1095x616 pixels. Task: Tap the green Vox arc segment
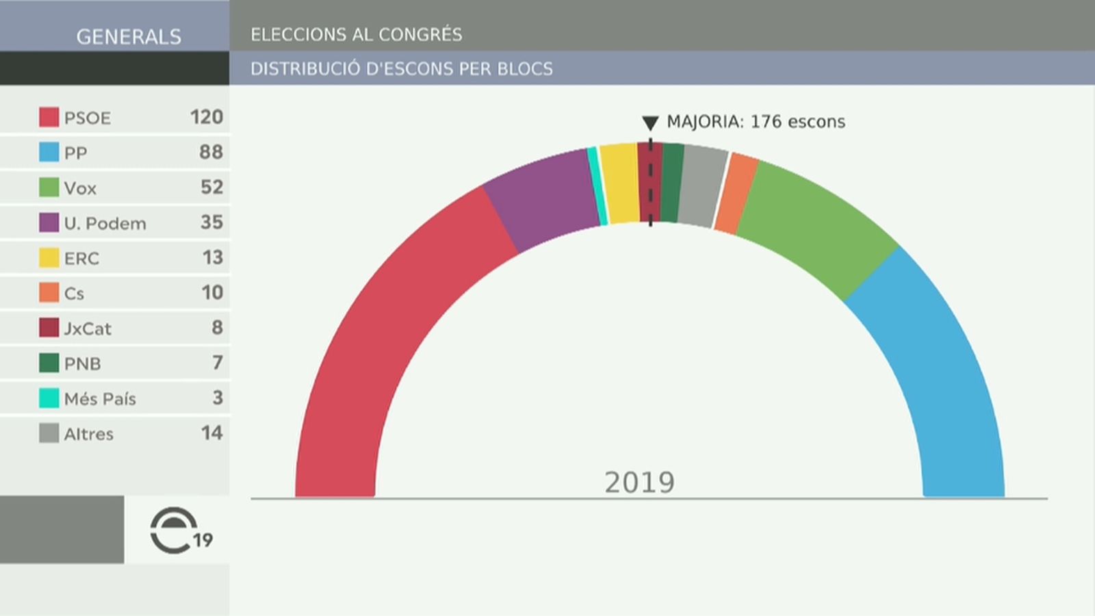[x=814, y=219]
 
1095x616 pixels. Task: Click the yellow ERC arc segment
[x=621, y=183]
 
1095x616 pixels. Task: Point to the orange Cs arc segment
[x=736, y=193]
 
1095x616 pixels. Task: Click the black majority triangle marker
[x=650, y=123]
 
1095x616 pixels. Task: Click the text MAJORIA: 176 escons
[x=756, y=122]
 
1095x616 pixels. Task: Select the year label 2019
[x=639, y=483]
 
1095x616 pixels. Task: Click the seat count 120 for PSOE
[x=206, y=117]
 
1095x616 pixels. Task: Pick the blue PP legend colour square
[x=49, y=152]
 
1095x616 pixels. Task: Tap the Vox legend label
[x=80, y=188]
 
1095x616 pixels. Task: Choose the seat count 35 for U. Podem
[x=211, y=222]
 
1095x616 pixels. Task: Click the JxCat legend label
[x=88, y=329]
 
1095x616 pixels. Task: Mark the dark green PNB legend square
[x=49, y=363]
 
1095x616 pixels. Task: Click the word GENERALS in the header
[x=129, y=36]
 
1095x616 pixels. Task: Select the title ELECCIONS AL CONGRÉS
[x=356, y=34]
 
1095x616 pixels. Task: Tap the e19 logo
[x=179, y=531]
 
